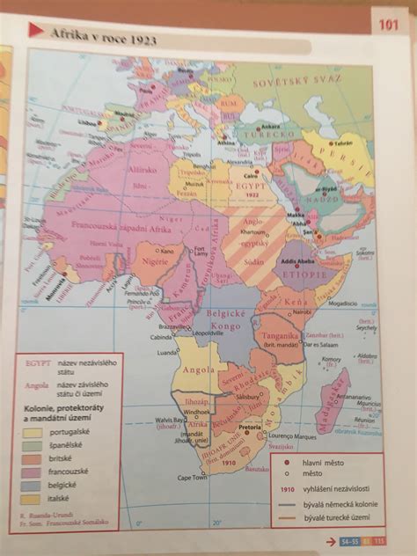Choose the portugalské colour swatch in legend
pyautogui.click(x=33, y=432)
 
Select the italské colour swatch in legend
pyautogui.click(x=33, y=498)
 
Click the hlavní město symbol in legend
pyautogui.click(x=287, y=460)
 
